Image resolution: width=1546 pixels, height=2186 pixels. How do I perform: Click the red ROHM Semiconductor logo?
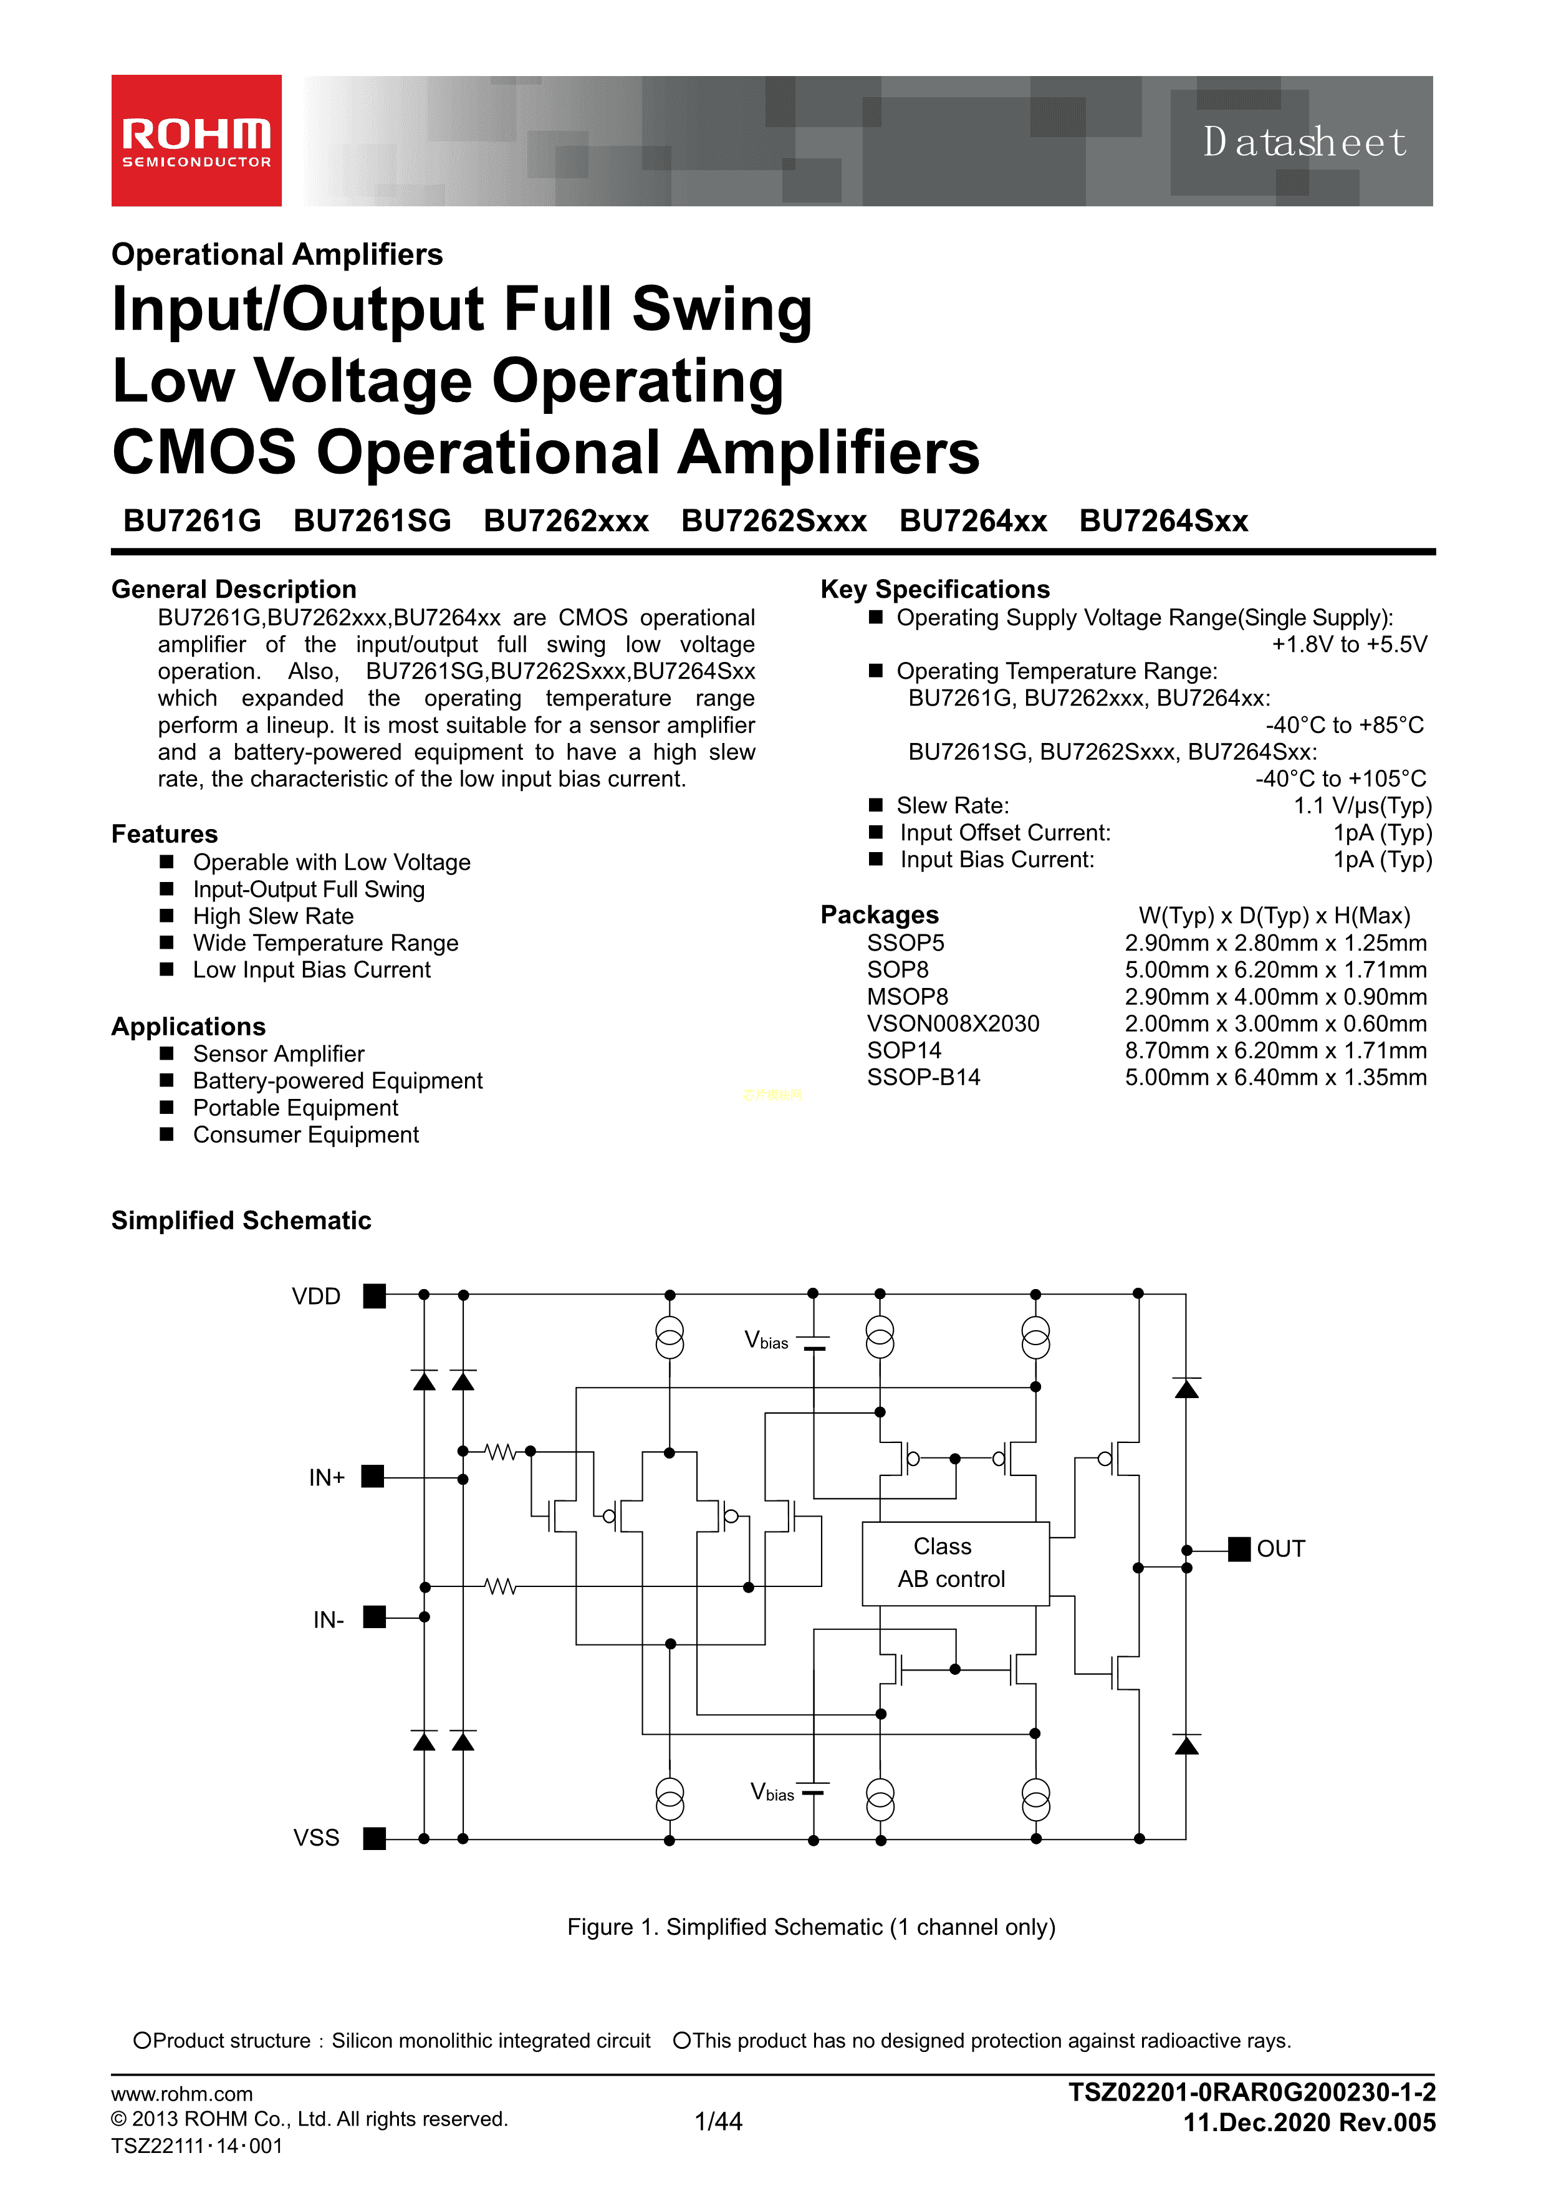pyautogui.click(x=196, y=140)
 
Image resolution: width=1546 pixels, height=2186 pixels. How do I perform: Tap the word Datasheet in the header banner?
pyautogui.click(x=1304, y=142)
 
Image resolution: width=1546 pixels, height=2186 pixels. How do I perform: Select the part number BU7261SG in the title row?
pyautogui.click(x=372, y=521)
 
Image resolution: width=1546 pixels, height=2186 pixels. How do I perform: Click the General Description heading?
pyautogui.click(x=234, y=589)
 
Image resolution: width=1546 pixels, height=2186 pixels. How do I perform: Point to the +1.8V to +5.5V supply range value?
pyautogui.click(x=1349, y=645)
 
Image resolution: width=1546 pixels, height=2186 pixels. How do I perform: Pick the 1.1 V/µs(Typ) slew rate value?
pyautogui.click(x=1362, y=807)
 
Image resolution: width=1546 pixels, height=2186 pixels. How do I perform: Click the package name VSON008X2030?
pyautogui.click(x=953, y=1023)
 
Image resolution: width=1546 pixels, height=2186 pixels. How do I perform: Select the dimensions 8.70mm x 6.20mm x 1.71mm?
pyautogui.click(x=1275, y=1050)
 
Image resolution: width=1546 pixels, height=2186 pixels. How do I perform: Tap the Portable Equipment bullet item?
pyautogui.click(x=295, y=1108)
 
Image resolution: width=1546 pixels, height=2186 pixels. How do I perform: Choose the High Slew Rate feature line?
pyautogui.click(x=273, y=916)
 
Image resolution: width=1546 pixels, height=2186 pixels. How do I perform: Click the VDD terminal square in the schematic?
pyautogui.click(x=375, y=1296)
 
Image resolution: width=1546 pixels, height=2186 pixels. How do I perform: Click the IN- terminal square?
pyautogui.click(x=375, y=1617)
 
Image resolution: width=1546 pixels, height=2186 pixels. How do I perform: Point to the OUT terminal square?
pyautogui.click(x=1239, y=1549)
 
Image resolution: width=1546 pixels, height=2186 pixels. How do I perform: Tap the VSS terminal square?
pyautogui.click(x=375, y=1838)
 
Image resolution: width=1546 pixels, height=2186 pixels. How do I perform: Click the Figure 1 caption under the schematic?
pyautogui.click(x=811, y=1927)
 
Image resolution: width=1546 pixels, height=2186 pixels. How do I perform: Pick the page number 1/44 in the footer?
pyautogui.click(x=719, y=2121)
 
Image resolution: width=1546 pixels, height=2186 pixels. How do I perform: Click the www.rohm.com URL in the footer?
pyautogui.click(x=182, y=2094)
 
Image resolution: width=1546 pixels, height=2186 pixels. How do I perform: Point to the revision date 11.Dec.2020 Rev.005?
pyautogui.click(x=1309, y=2122)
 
